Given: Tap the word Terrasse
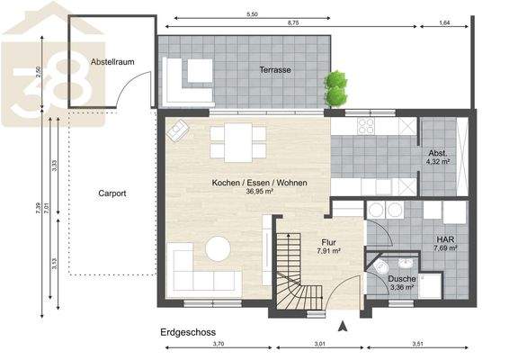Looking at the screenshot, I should pyautogui.click(x=274, y=69).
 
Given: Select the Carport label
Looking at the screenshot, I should pyautogui.click(x=112, y=193).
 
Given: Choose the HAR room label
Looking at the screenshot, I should pyautogui.click(x=446, y=240).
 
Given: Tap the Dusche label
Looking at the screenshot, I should pyautogui.click(x=401, y=279).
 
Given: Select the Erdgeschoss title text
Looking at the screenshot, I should pyautogui.click(x=186, y=331).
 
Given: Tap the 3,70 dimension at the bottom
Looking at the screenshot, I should pyautogui.click(x=219, y=343).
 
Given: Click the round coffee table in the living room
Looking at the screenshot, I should pyautogui.click(x=218, y=247).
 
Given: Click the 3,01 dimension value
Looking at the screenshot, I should pyautogui.click(x=320, y=343).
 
